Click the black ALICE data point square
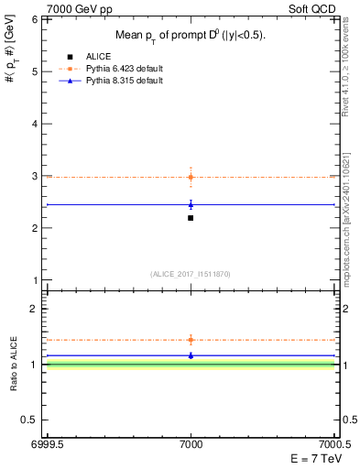coord(191,218)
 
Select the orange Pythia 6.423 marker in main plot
coord(191,177)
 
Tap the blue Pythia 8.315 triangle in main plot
coord(191,204)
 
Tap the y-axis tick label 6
coord(35,19)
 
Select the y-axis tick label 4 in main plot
coord(35,124)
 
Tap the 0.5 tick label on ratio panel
coord(31,420)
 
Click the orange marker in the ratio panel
coord(191,340)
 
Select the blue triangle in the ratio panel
coord(191,354)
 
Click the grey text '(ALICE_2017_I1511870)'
coord(191,274)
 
